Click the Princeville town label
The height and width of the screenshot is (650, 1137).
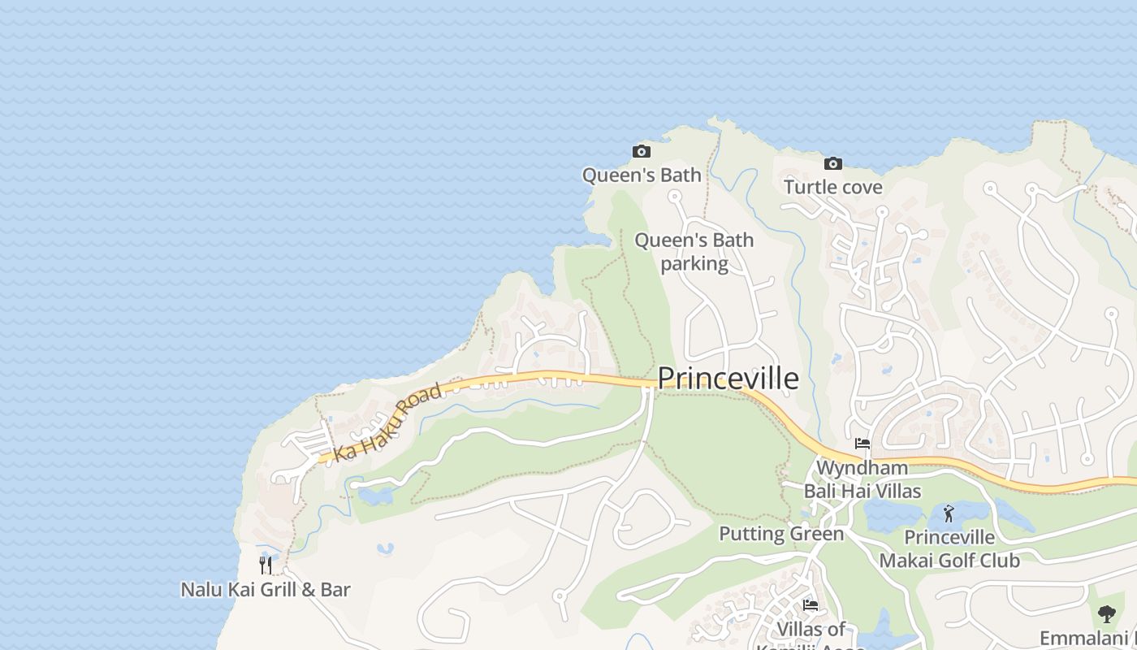click(x=728, y=379)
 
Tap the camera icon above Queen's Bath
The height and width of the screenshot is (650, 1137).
click(x=642, y=151)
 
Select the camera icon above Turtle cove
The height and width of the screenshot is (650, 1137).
click(x=832, y=163)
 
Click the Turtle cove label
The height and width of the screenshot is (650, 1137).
click(x=832, y=188)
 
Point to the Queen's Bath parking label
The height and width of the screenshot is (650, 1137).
click(x=694, y=252)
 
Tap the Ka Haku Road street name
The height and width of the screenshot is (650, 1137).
click(x=389, y=422)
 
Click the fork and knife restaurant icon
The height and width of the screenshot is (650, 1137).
click(x=266, y=565)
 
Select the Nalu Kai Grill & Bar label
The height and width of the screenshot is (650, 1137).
click(x=266, y=590)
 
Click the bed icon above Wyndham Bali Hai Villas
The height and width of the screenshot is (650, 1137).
click(x=862, y=444)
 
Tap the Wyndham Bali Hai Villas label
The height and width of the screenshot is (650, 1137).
click(x=862, y=479)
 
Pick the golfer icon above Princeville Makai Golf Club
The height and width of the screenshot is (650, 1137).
click(x=949, y=513)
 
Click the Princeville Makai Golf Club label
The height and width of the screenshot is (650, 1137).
click(x=949, y=549)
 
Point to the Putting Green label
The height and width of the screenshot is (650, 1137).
click(x=781, y=534)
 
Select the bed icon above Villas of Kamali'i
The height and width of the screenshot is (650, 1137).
click(x=811, y=604)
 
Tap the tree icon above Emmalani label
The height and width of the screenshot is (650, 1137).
click(x=1106, y=613)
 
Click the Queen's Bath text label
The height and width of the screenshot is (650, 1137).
click(x=642, y=175)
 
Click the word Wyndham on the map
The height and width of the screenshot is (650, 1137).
click(x=862, y=468)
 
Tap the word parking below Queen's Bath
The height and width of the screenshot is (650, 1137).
click(x=694, y=264)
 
